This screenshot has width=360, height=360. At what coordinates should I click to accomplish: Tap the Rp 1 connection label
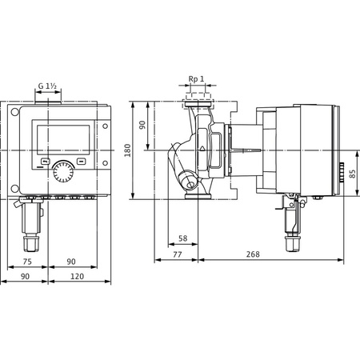198,79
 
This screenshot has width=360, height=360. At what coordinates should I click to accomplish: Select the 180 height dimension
138,149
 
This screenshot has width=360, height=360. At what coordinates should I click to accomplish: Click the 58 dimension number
183,238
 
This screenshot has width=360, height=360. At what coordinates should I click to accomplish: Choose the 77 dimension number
178,255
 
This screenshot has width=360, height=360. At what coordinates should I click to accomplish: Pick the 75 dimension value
26,261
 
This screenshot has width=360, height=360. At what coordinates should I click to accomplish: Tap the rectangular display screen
54,138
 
